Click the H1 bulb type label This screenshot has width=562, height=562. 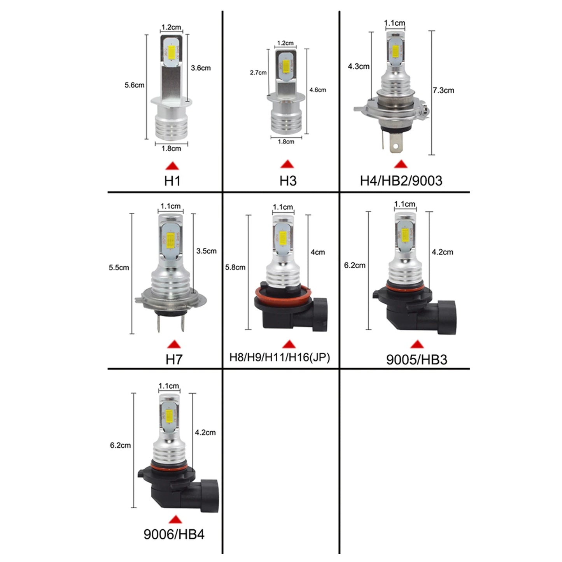(x=172, y=181)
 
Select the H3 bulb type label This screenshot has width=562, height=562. (x=288, y=181)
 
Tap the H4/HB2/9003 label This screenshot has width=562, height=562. (x=401, y=181)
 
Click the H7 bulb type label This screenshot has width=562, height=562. (x=174, y=359)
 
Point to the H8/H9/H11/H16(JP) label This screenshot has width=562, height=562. (x=280, y=357)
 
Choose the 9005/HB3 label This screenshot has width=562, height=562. (x=417, y=359)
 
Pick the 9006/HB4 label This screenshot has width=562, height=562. (x=174, y=534)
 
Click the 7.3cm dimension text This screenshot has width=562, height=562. (x=443, y=90)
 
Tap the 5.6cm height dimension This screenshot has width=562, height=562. (x=134, y=85)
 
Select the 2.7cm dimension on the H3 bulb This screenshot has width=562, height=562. (x=258, y=73)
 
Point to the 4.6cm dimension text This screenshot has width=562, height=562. (x=318, y=90)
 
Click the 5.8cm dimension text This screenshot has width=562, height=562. (x=235, y=268)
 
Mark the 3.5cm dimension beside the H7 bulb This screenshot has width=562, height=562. (x=206, y=251)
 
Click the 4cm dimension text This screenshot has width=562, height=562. (x=317, y=252)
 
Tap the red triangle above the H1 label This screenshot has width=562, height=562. (x=172, y=166)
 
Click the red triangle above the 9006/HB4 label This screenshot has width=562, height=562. (x=175, y=520)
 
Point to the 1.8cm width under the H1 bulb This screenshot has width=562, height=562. (x=171, y=149)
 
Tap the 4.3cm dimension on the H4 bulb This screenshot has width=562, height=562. (x=359, y=67)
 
